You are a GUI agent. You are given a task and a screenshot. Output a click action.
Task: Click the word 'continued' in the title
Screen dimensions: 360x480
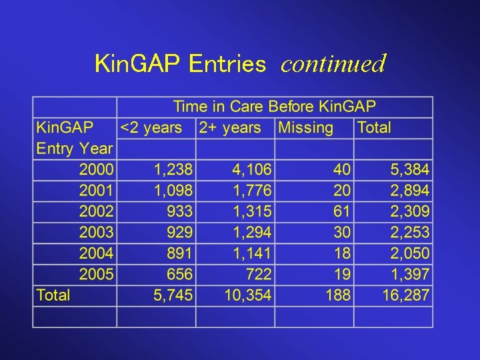click(333, 64)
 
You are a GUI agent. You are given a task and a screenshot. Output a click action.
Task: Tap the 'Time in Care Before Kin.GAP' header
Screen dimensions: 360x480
click(274, 107)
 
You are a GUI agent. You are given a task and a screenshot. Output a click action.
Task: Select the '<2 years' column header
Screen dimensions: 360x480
click(151, 127)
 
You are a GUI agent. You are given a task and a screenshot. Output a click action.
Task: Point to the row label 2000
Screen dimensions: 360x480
click(96, 170)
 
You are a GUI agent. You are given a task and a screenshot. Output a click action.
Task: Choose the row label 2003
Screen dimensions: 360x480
click(96, 233)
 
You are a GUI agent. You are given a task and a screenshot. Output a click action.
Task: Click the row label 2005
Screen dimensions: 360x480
click(96, 274)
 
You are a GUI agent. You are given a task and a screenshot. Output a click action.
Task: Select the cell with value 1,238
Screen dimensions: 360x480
click(173, 170)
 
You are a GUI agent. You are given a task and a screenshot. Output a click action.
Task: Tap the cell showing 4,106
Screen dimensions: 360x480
click(251, 170)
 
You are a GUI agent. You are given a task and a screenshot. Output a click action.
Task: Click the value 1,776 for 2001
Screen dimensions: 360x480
click(251, 191)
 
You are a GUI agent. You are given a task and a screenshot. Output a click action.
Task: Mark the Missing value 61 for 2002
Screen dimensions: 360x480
click(341, 212)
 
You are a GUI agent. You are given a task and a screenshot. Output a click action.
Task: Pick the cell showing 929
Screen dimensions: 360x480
click(180, 233)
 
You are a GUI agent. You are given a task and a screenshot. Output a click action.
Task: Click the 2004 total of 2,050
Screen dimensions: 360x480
click(409, 253)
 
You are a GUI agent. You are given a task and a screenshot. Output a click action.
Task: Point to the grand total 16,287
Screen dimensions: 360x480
click(405, 295)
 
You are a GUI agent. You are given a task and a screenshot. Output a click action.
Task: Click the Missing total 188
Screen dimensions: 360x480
click(337, 295)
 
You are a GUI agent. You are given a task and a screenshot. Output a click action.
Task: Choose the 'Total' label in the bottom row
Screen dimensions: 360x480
click(53, 295)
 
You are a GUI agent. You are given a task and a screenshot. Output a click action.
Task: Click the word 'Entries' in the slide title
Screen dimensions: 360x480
click(227, 64)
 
